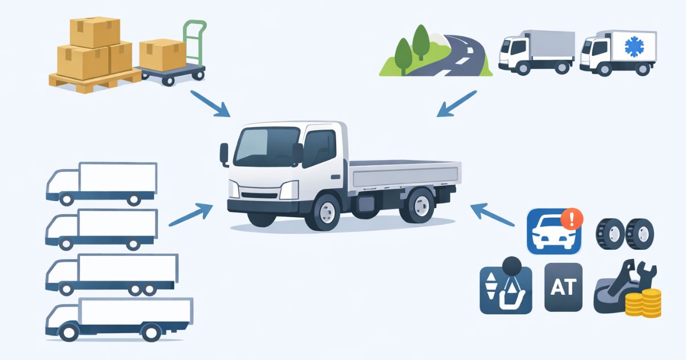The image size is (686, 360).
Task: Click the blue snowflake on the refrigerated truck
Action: tap(634, 47)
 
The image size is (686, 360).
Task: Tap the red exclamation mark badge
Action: tap(572, 219)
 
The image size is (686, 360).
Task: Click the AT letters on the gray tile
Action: tap(564, 287)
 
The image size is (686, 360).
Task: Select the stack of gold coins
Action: tap(643, 303)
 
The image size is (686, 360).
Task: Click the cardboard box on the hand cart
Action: tap(162, 55)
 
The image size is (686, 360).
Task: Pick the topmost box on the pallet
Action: tap(95, 32)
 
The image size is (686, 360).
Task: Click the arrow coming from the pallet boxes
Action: tap(210, 103)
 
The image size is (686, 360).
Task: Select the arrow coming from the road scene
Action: tap(457, 103)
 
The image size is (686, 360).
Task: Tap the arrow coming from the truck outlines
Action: tap(191, 215)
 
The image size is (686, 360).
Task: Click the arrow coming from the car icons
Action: tap(492, 215)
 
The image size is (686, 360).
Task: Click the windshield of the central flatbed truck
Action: tap(266, 147)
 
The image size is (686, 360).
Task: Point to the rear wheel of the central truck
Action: tap(419, 206)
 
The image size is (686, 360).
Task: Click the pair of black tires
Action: tap(625, 234)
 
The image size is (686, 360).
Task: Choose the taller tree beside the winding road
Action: tap(421, 42)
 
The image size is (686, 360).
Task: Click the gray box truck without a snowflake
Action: tap(537, 52)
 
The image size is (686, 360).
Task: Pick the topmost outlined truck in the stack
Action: tap(102, 183)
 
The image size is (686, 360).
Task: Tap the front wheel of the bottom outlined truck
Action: tap(69, 332)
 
